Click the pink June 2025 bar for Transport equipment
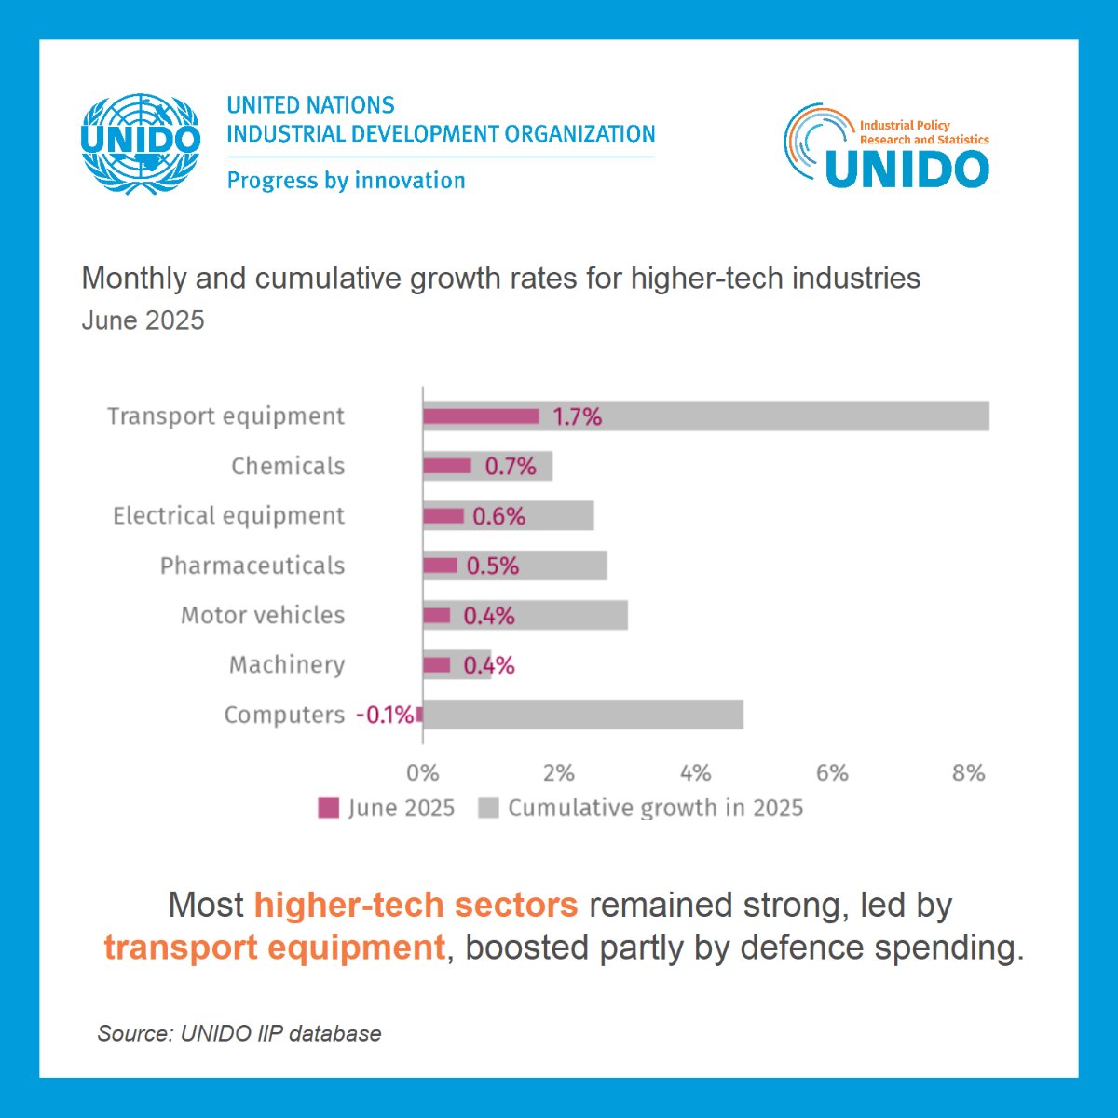pos(481,416)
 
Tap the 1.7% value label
pos(577,417)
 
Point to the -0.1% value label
pos(385,715)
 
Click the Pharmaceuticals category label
pos(252,566)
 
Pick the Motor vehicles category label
pos(263,615)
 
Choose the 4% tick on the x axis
pos(695,773)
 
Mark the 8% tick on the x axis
pos(968,773)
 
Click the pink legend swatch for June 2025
pos(329,808)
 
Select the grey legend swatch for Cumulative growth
pos(488,808)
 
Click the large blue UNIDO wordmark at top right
pos(906,169)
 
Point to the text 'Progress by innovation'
pos(346,180)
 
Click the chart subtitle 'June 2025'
pos(143,320)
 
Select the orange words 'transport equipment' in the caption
pos(274,948)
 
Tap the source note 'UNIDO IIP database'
pos(239,1033)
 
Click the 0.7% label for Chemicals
pos(510,467)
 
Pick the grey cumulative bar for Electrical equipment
pos(559,516)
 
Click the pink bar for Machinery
pos(436,665)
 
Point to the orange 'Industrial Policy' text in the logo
pos(904,125)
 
